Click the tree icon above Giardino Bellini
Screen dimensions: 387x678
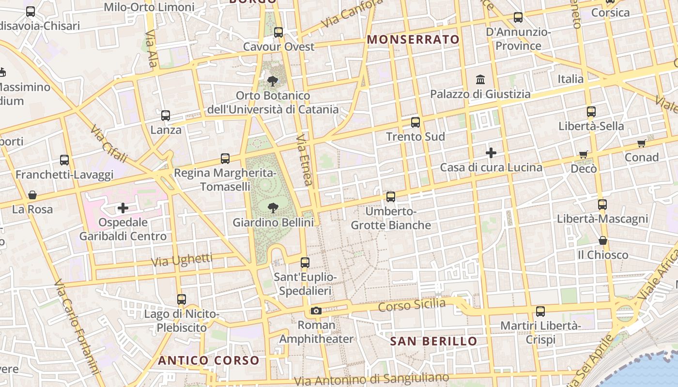tap(273, 208)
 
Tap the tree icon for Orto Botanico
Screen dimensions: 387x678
tap(273, 81)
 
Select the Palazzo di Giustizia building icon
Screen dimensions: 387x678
tap(480, 79)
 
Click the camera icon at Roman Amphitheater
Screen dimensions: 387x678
tap(316, 311)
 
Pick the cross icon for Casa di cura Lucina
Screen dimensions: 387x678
tap(491, 153)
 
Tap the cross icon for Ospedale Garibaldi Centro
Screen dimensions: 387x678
tap(123, 208)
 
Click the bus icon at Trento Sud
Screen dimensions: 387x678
tap(416, 122)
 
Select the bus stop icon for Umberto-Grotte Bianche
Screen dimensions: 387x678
tap(391, 197)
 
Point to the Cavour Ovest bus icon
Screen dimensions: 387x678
tap(278, 32)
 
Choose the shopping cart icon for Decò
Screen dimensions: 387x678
tap(584, 154)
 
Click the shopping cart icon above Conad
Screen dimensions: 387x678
tap(642, 143)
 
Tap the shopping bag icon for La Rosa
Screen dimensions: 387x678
tap(32, 195)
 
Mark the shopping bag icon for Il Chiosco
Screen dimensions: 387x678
tap(603, 240)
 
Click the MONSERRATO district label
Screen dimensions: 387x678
tap(413, 40)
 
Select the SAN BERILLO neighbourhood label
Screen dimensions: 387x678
tap(434, 341)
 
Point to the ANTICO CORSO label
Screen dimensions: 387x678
tap(209, 360)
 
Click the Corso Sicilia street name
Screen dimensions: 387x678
tap(412, 305)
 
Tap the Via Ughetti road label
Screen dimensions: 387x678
tap(182, 260)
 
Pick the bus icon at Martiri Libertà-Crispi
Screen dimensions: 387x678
tap(540, 312)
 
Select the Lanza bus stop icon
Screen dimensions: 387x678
tap(166, 116)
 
